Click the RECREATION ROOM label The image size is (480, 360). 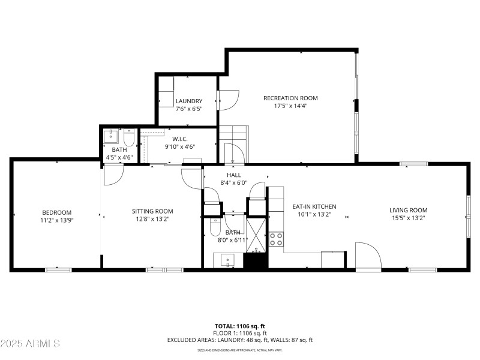[290, 98]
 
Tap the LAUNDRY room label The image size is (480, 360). [189, 101]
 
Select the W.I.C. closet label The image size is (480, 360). [180, 139]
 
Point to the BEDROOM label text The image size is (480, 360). [56, 212]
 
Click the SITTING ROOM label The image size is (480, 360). [152, 211]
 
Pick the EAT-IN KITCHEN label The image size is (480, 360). [314, 206]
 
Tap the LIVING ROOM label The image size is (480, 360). [408, 210]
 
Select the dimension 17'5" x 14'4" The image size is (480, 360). [290, 106]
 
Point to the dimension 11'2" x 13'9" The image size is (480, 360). [56, 220]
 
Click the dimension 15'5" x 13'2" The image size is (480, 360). [408, 218]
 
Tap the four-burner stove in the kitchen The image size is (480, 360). [276, 239]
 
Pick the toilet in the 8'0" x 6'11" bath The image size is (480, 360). [215, 228]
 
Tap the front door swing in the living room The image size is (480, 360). [368, 256]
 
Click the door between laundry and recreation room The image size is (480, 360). [227, 101]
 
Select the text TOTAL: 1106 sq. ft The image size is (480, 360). [239, 326]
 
